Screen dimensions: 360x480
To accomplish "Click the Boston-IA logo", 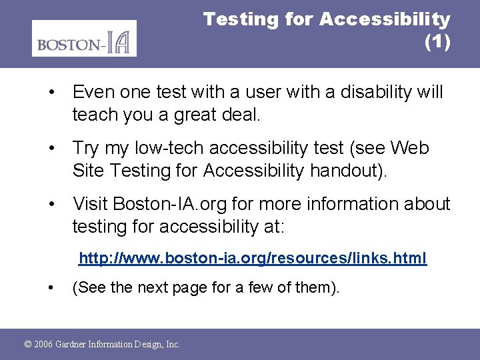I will tap(84, 38).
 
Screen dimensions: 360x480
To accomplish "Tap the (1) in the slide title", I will tap(437, 42).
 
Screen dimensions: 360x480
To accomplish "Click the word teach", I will tap(94, 114).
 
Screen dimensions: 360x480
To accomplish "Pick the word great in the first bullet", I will tap(205, 114).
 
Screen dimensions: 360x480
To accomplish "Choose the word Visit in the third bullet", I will tap(91, 203).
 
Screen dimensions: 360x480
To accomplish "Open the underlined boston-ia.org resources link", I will tap(253, 257).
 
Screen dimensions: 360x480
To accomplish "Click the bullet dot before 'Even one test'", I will tap(51, 92).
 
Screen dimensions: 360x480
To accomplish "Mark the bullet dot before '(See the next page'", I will tap(51, 288).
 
